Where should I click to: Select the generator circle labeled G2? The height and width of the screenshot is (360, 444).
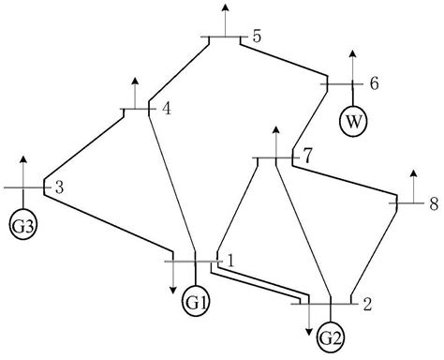331,337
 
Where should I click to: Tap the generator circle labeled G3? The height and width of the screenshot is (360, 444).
23,225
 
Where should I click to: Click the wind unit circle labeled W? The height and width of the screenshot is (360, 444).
353,120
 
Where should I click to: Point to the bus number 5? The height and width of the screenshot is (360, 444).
257,37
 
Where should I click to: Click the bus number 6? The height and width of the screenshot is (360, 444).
374,83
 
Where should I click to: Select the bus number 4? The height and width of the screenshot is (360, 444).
166,109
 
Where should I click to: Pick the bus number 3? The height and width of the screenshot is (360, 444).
58,187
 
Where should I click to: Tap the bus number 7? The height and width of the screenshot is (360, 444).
308,155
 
